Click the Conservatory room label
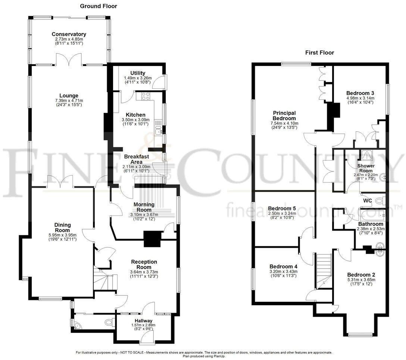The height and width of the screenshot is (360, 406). pos(69,34)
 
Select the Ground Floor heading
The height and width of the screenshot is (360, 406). pos(99,6)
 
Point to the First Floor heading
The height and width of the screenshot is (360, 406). pos(319,53)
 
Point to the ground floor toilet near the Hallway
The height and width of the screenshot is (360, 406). pos(109,322)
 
